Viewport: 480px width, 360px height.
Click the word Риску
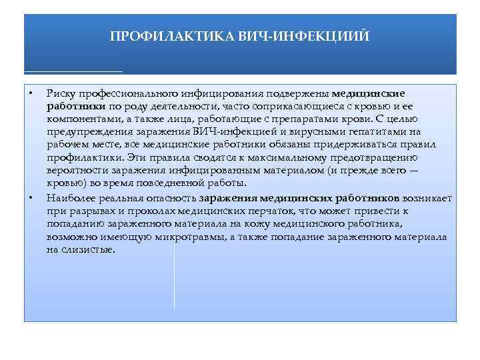60,94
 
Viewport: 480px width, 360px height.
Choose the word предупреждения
85,132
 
